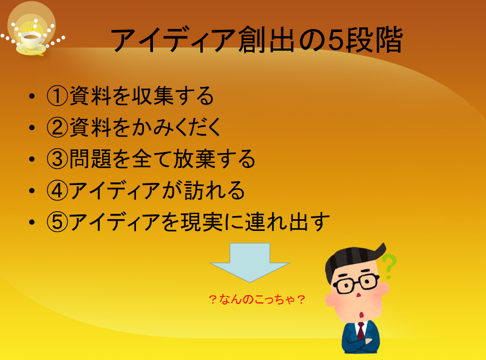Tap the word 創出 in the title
266,39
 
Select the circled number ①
58,96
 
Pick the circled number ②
58,127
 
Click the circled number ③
58,159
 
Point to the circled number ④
58,190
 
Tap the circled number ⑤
58,222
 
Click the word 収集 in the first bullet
152,96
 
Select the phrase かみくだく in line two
176,127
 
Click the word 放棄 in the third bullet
194,159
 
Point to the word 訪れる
214,190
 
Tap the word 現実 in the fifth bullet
202,222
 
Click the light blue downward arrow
250,262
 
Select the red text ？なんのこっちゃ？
257,300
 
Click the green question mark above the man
390,266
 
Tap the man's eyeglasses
356,283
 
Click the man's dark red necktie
361,331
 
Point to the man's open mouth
361,315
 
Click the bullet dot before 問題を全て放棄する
32,159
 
